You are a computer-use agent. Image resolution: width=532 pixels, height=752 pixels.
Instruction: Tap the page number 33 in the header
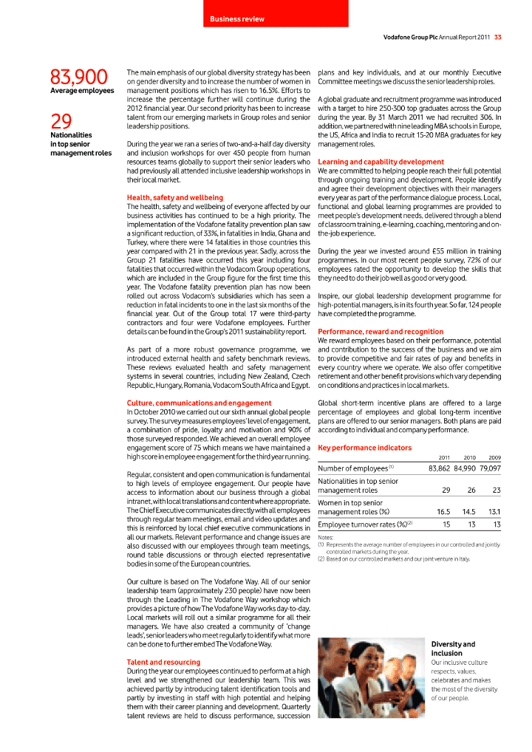(x=498, y=38)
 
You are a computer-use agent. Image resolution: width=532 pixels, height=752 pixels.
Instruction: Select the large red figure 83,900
(x=80, y=77)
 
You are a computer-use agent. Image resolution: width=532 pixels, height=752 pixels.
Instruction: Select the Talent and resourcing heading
(x=163, y=662)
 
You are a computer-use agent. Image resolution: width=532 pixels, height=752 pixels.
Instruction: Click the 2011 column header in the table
(x=445, y=458)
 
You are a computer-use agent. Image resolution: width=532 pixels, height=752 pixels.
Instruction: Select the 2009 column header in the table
(x=494, y=458)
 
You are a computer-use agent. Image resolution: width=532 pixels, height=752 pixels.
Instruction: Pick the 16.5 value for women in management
(x=443, y=511)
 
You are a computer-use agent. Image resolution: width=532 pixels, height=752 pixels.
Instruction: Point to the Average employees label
(x=82, y=91)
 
